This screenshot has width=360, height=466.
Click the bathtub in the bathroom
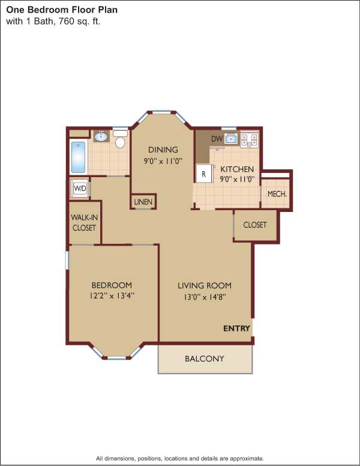point(79,157)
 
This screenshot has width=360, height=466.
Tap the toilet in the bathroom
point(120,139)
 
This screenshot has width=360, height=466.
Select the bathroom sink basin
point(101,136)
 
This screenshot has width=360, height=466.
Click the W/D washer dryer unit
point(79,188)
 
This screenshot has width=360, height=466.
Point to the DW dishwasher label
point(217,139)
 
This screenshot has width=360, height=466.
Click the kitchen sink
point(231,138)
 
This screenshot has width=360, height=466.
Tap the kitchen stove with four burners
point(249,141)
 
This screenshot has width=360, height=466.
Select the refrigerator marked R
point(204,174)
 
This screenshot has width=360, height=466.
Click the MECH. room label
point(277,194)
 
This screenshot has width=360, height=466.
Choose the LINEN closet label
point(143,202)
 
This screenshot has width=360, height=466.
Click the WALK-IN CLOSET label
point(84,223)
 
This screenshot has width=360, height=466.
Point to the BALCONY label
point(205,359)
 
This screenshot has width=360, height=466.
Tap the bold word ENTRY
point(237,328)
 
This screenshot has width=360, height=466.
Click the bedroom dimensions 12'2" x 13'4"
point(112,296)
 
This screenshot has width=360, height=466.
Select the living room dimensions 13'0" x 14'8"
point(205,297)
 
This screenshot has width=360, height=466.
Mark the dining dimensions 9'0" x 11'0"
point(163,162)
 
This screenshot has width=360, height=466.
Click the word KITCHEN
point(237,169)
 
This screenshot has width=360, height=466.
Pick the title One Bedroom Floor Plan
point(62,10)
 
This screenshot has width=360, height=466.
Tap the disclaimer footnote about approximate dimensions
point(180,458)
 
